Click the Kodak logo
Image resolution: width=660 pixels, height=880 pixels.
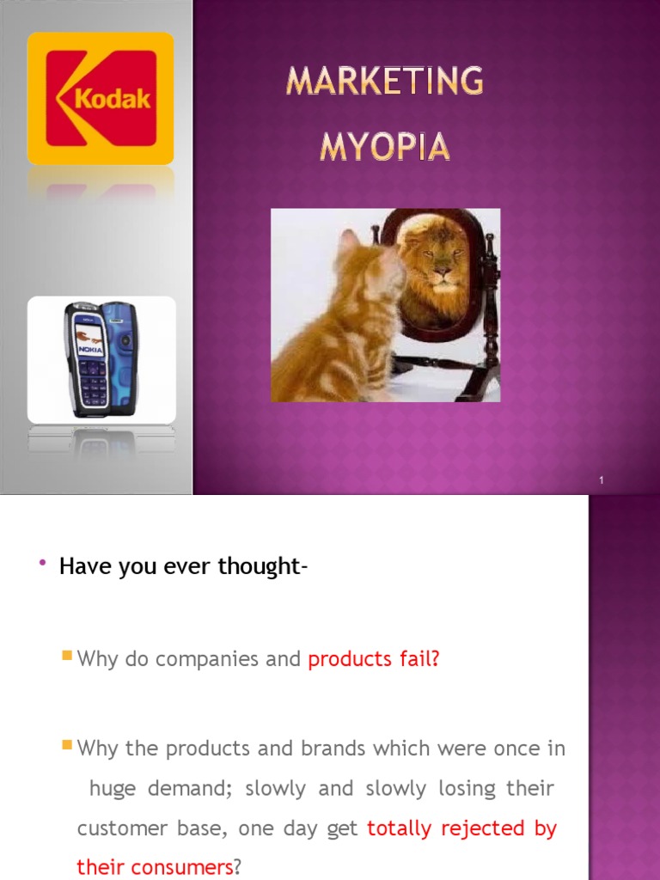point(101,98)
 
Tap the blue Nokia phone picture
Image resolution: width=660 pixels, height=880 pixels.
point(101,359)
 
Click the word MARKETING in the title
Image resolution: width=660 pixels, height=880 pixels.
point(385,82)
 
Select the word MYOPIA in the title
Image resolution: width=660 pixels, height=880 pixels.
point(385,147)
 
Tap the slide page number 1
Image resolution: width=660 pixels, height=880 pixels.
point(602,480)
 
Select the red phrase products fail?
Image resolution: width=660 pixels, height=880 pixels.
point(374,659)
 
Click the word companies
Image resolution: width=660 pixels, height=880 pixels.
point(205,659)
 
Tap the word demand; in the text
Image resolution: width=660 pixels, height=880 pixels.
point(187,789)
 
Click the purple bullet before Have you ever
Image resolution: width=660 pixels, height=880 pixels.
point(41,563)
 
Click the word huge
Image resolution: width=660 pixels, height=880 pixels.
point(112,789)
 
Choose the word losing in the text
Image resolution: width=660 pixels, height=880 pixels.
point(463,789)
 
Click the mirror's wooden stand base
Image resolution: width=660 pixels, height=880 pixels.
point(447,371)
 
